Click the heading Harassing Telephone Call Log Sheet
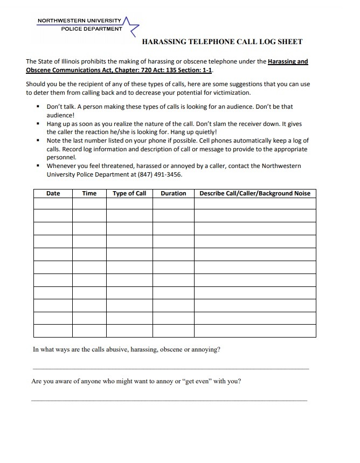221,42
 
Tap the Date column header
53,193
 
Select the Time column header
89,193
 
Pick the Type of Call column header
129,193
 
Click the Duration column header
174,193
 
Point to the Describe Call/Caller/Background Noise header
255,193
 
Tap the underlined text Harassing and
288,62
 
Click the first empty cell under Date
53,204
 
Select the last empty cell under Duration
174,331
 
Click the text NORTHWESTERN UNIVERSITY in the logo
79,21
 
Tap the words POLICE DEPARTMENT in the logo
92,29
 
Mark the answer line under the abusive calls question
171,369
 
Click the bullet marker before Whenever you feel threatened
38,166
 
